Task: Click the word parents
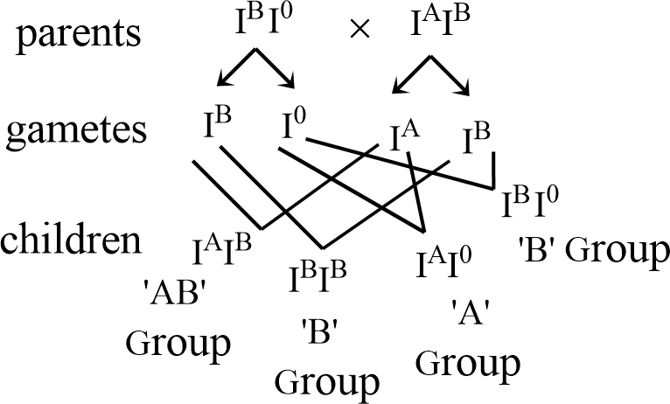tap(79, 34)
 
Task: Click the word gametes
tap(76, 131)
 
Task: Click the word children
tap(71, 239)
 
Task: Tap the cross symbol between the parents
tap(359, 30)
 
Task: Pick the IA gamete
tap(405, 136)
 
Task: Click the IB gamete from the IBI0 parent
tap(217, 122)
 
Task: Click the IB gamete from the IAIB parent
tap(477, 138)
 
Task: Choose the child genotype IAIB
tap(222, 249)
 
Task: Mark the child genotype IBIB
tap(318, 277)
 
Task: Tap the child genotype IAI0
tap(444, 262)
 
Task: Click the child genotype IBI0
tap(530, 202)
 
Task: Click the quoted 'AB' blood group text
tap(179, 294)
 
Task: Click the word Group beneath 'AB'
tap(178, 344)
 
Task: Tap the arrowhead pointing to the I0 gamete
tap(290, 81)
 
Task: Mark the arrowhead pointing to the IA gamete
tap(399, 87)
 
